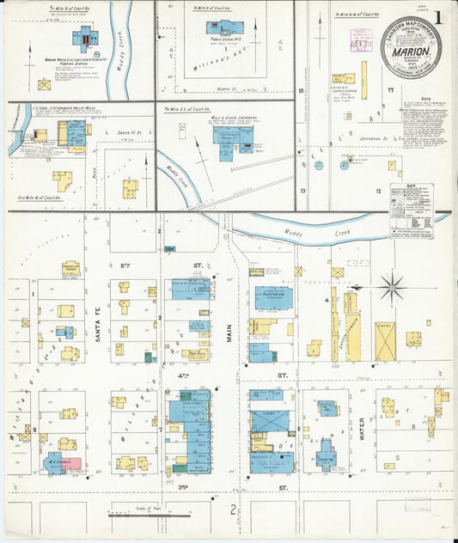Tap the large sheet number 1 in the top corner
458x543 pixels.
coord(439,17)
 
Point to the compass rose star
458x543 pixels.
coord(393,286)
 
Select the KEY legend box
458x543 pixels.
coord(411,210)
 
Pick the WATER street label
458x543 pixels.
coord(363,427)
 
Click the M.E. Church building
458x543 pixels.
coord(57,463)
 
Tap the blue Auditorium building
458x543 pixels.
coord(272,297)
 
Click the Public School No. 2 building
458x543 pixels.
coord(223,27)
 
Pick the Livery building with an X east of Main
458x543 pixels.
coord(269,421)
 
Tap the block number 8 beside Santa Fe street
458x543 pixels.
coord(34,427)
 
